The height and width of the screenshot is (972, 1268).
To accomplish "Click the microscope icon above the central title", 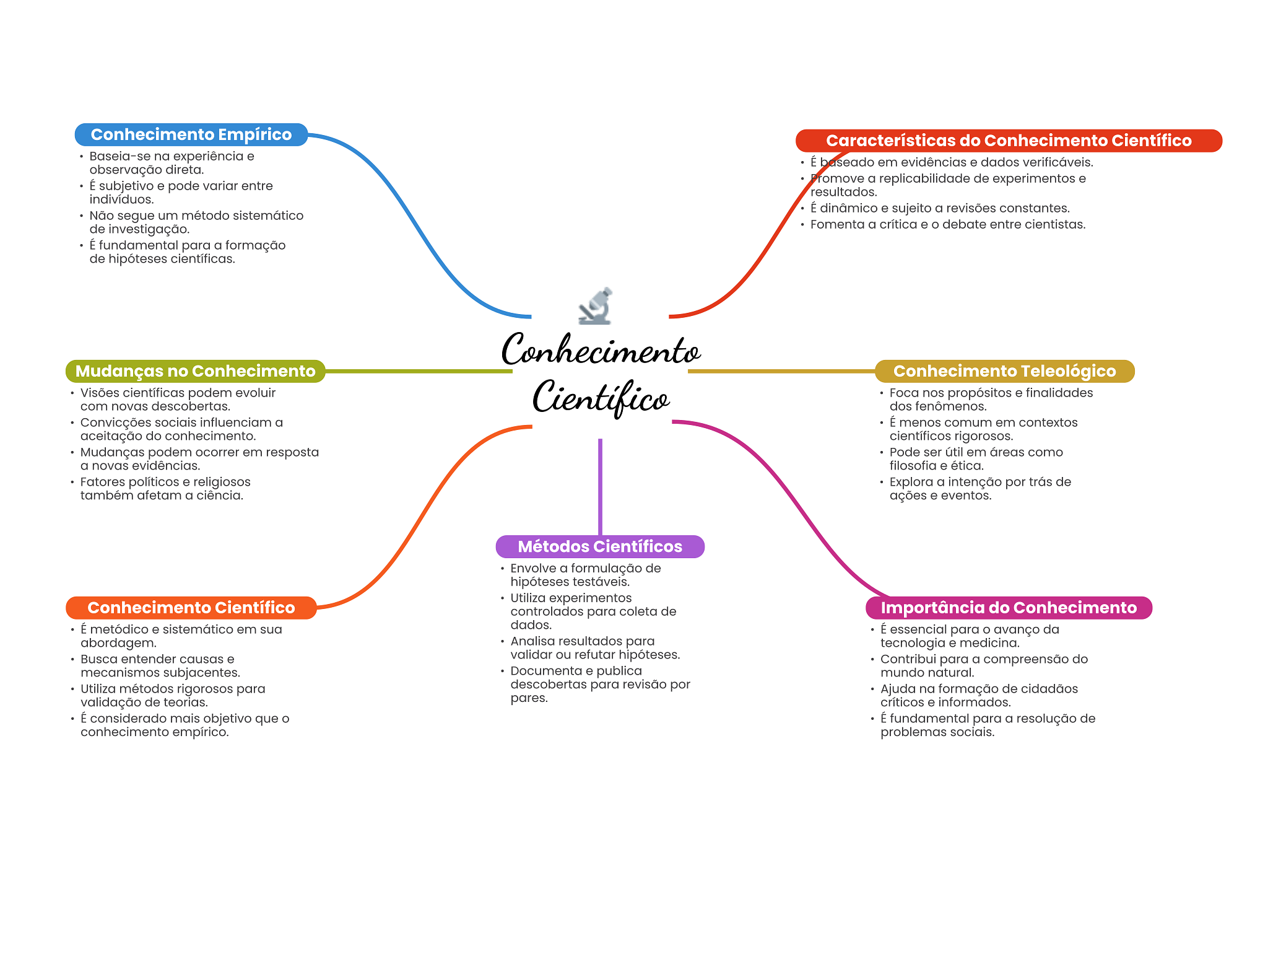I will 596,306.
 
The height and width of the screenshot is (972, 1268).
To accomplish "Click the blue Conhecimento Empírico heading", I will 191,134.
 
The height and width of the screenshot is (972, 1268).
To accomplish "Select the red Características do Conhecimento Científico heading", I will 1008,141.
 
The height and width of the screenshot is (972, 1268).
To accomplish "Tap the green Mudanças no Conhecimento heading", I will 195,371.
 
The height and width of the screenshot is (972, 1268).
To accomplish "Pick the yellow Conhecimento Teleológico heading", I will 1004,371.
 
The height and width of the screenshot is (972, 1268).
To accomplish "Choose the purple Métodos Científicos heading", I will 599,546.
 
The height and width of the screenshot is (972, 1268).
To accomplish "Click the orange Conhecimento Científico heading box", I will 191,608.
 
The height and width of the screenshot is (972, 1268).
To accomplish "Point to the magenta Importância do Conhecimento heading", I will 1008,608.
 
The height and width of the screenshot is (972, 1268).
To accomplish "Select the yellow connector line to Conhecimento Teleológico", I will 780,371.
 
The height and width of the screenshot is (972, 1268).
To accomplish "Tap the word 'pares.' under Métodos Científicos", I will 529,698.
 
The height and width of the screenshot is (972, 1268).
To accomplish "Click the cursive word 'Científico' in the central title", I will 601,398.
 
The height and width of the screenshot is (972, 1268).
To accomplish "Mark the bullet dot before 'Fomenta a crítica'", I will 802,224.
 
